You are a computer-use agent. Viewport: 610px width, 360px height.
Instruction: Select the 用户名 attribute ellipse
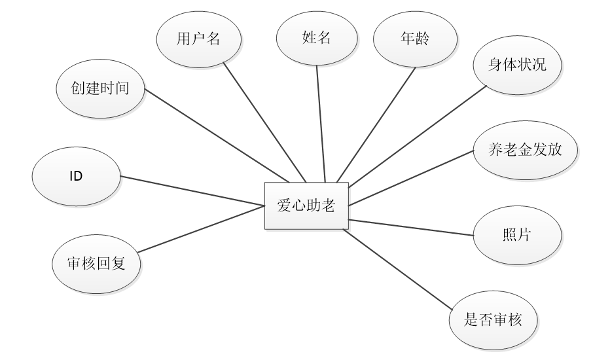click(198, 39)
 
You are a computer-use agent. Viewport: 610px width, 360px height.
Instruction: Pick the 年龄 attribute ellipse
click(414, 39)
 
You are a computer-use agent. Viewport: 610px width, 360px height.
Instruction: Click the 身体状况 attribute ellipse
click(517, 67)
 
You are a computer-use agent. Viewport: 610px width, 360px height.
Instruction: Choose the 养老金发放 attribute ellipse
click(526, 151)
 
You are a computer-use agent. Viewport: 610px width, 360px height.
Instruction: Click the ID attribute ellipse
click(76, 177)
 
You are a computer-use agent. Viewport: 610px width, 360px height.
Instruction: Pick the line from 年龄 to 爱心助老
click(376, 124)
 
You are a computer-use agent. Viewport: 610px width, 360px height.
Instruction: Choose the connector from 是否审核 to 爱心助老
click(399, 268)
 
